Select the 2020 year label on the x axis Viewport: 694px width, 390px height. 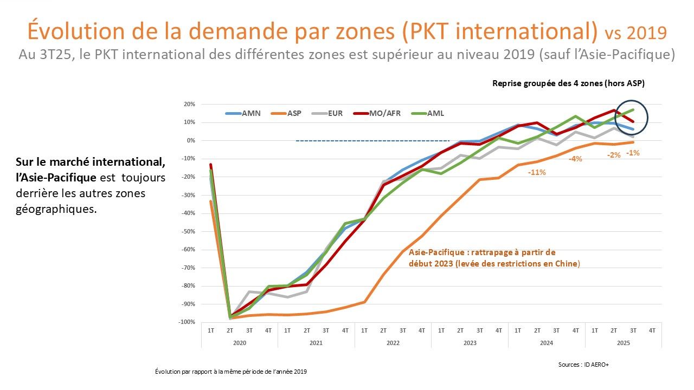click(x=239, y=343)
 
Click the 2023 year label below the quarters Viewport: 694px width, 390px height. click(x=470, y=343)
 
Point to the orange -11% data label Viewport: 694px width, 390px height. click(x=536, y=172)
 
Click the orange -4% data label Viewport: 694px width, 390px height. click(x=575, y=159)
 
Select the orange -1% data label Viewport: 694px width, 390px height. click(x=632, y=153)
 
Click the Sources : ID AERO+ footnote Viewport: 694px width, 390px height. click(x=583, y=365)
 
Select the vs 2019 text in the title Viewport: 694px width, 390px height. click(x=635, y=33)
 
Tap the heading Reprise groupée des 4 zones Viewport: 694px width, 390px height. click(x=568, y=83)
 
